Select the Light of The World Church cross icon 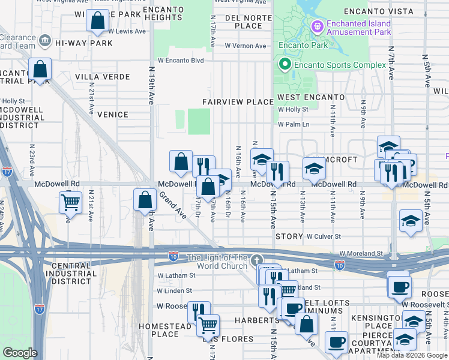[257, 260]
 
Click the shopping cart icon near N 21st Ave [70, 203]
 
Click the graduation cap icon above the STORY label [411, 221]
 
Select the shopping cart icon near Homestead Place [208, 326]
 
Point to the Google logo [20, 353]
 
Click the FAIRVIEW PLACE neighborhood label [238, 102]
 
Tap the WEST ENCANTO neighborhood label [310, 97]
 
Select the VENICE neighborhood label [112, 115]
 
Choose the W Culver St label [324, 237]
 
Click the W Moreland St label [361, 254]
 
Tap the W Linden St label [175, 291]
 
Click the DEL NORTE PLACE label [244, 22]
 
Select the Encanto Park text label [295, 45]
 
